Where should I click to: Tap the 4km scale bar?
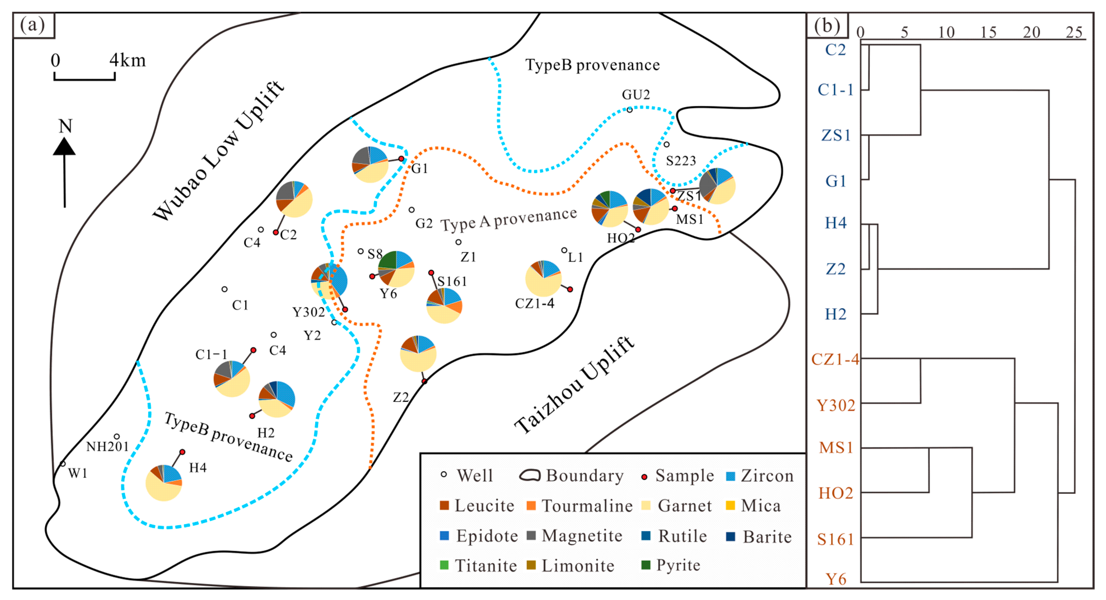point(85,78)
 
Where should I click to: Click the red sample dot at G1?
point(401,159)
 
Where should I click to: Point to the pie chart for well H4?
point(163,482)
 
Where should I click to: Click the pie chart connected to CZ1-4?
point(543,278)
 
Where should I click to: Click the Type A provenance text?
point(509,219)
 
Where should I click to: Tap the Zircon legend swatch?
point(730,476)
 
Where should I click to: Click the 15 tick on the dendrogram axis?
point(988,32)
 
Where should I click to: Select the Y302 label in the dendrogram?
point(836,405)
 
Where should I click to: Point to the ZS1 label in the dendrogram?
point(836,135)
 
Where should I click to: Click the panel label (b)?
point(827,26)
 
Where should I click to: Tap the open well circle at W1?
point(63,464)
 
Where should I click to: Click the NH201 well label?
point(107,446)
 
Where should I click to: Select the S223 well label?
point(680,161)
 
